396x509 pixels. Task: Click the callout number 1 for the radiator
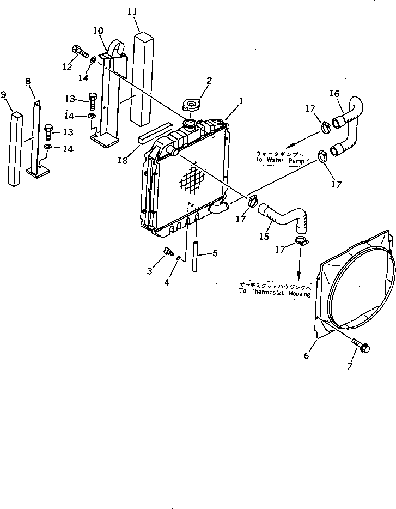240,101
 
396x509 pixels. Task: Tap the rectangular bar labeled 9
14,150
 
